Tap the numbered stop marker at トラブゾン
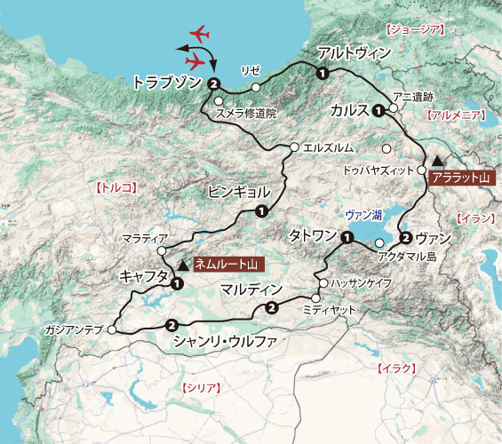point(214,84)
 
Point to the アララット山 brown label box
point(459,178)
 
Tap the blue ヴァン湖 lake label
point(364,214)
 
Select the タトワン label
point(313,235)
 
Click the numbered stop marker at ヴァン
point(405,238)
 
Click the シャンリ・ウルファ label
point(226,341)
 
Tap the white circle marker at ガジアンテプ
point(112,329)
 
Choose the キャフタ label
point(144,277)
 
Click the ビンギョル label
point(235,191)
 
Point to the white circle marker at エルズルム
point(294,147)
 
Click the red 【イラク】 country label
point(396,368)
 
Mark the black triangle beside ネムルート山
point(184,264)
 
